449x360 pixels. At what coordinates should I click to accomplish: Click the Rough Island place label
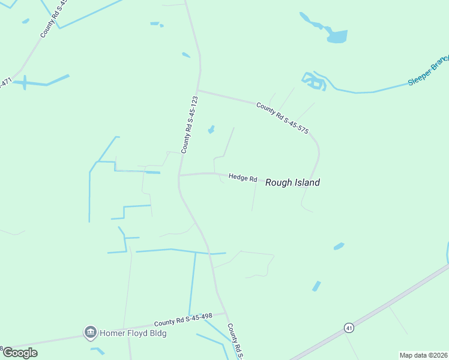pos(292,182)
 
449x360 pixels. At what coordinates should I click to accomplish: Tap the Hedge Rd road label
pos(243,178)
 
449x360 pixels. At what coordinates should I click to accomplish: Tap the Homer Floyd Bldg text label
pos(133,333)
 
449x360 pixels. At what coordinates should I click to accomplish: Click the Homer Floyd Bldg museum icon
pos(91,332)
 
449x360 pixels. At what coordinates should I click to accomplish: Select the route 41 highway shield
pos(349,328)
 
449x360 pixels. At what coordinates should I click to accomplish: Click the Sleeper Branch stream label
pos(429,71)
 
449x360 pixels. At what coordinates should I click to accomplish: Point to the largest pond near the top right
pos(337,37)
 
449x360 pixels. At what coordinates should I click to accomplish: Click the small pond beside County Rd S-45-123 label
pos(211,130)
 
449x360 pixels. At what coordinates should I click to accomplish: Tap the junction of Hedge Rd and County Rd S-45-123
pos(179,175)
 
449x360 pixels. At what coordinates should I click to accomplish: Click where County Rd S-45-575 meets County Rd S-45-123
pos(198,91)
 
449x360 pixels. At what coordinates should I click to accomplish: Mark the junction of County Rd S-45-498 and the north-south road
pos(224,313)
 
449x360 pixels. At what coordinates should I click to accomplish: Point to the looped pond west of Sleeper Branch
pos(314,81)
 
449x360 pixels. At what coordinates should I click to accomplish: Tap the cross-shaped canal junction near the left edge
pos(25,82)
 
